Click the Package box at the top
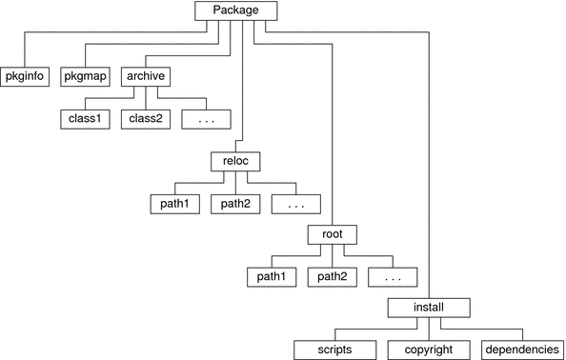tap(237, 10)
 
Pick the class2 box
tap(144, 121)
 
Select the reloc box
tap(234, 161)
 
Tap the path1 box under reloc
tap(175, 204)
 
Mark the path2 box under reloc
tap(234, 204)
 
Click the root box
tap(332, 233)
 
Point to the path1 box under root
tap(272, 278)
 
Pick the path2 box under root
tap(332, 278)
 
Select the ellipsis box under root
tap(393, 278)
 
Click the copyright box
tap(428, 350)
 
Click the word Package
tap(237, 10)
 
